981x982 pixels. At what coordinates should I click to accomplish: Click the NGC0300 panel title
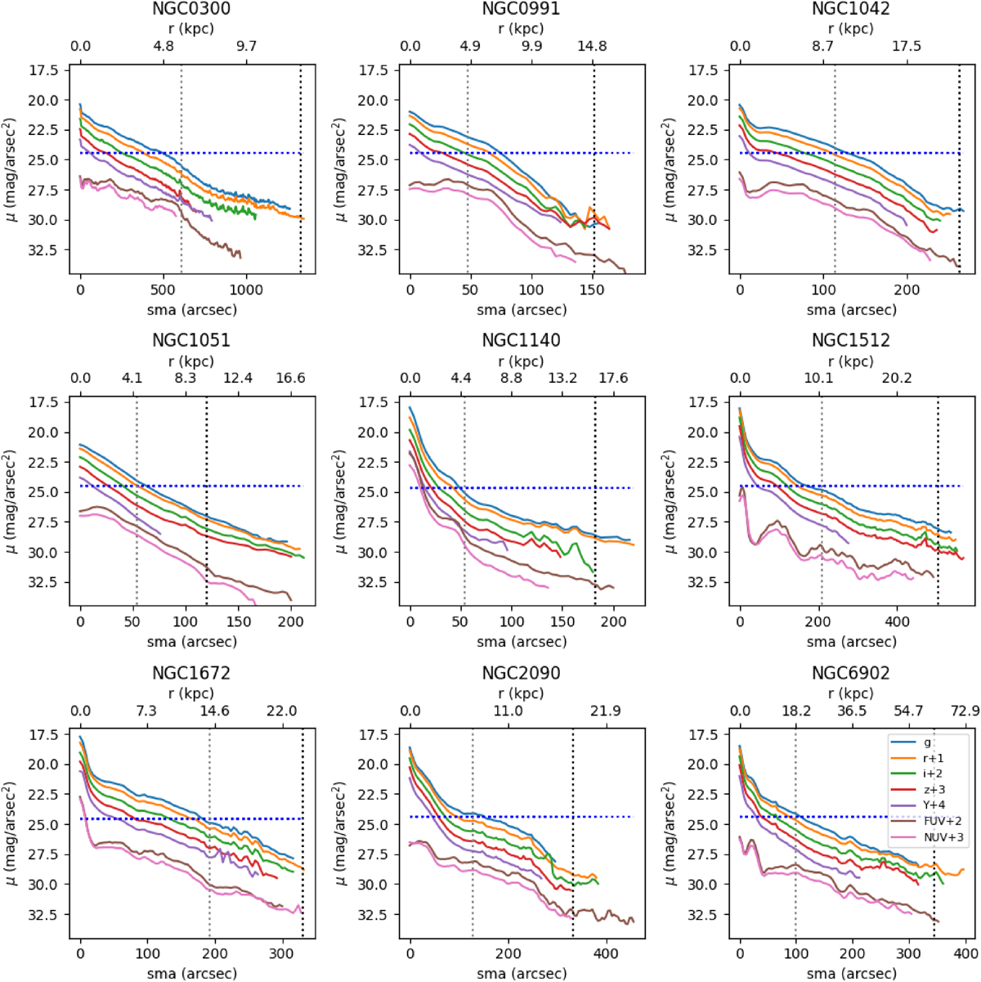191,9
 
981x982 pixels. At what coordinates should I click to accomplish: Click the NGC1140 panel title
521,340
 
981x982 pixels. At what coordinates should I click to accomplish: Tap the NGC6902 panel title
850,673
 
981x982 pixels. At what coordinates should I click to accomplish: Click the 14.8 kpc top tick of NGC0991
592,46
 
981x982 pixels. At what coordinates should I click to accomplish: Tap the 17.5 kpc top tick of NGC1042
907,46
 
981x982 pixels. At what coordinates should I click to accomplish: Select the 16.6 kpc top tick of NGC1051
290,378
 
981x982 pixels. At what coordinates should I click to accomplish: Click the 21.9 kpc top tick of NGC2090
605,711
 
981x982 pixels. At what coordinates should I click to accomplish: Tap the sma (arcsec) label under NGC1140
521,641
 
